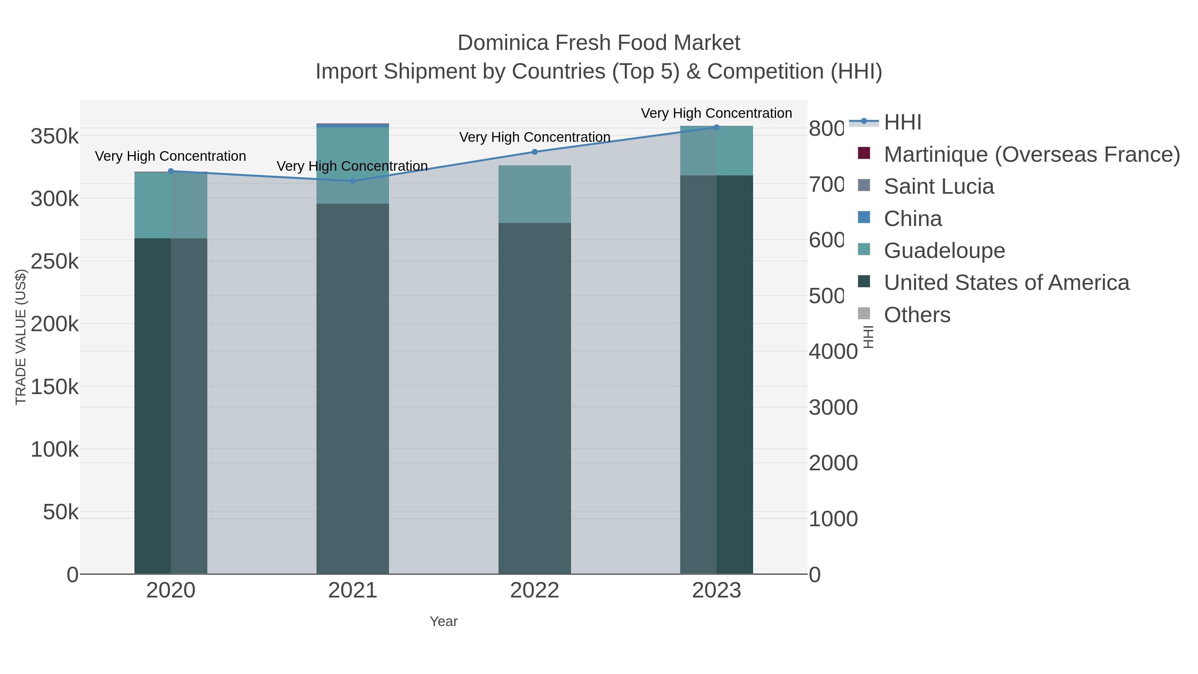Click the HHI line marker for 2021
click(x=352, y=181)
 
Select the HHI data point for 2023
click(x=716, y=127)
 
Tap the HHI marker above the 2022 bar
click(x=534, y=152)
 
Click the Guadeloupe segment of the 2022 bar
click(x=534, y=194)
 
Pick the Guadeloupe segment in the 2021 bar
click(x=352, y=165)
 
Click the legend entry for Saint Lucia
click(x=938, y=186)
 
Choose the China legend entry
click(x=912, y=219)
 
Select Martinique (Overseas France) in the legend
click(x=1032, y=154)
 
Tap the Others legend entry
click(x=917, y=315)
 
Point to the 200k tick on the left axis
click(x=55, y=324)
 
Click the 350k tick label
click(x=55, y=137)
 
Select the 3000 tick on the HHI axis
click(x=833, y=407)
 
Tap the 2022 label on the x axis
click(x=534, y=590)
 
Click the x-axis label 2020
click(x=171, y=590)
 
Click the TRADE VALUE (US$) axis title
click(x=20, y=337)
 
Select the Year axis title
click(x=443, y=621)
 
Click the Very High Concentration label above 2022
click(x=534, y=137)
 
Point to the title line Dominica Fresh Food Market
click(x=599, y=43)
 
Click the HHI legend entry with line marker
click(x=902, y=122)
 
